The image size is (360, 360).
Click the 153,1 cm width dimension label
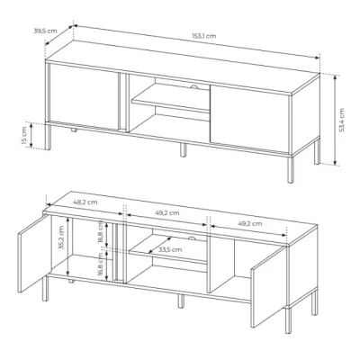[x=204, y=36]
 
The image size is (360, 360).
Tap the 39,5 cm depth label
[x=45, y=31]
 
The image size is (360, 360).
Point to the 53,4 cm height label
[x=342, y=120]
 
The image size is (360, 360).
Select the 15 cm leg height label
[x=24, y=135]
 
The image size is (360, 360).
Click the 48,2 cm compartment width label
[x=85, y=202]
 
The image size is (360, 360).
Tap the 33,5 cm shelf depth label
[x=170, y=249]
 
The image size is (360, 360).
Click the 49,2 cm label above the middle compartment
[x=167, y=213]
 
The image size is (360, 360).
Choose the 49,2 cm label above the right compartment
[x=250, y=223]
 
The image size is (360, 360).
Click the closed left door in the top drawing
[x=83, y=97]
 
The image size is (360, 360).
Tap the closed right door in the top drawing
[x=249, y=118]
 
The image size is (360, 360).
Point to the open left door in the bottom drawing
[x=32, y=253]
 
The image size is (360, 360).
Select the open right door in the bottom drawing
[x=267, y=286]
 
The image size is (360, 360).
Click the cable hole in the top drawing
[x=194, y=87]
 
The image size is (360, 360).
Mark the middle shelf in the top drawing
[x=171, y=99]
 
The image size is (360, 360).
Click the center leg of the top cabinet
[x=183, y=149]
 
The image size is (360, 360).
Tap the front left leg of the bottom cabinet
[x=45, y=288]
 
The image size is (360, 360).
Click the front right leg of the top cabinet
[x=291, y=169]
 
